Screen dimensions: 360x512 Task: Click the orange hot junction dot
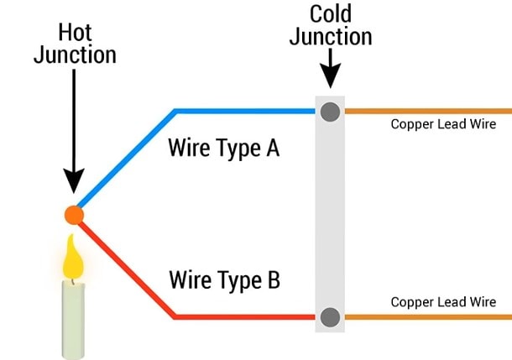(x=74, y=215)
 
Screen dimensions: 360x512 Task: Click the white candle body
(x=74, y=319)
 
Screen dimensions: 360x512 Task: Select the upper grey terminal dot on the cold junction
(x=330, y=110)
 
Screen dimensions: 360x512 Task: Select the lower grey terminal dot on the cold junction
(x=330, y=317)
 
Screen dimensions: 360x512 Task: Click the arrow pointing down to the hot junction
(x=74, y=134)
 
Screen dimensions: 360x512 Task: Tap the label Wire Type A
(x=223, y=149)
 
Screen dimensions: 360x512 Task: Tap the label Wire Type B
(x=223, y=279)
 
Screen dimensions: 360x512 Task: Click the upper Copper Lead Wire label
(x=443, y=125)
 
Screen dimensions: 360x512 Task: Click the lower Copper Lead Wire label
(x=443, y=302)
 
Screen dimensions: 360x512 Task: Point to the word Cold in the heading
(x=331, y=14)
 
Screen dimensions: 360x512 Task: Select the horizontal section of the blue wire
(x=243, y=110)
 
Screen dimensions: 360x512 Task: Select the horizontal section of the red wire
(x=243, y=317)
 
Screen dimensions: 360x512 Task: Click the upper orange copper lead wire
(x=428, y=110)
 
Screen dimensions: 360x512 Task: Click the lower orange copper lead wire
(x=428, y=317)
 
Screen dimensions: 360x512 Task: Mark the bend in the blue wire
(x=175, y=111)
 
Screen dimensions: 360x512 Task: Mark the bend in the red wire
(x=175, y=316)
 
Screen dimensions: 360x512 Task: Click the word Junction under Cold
(x=330, y=37)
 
